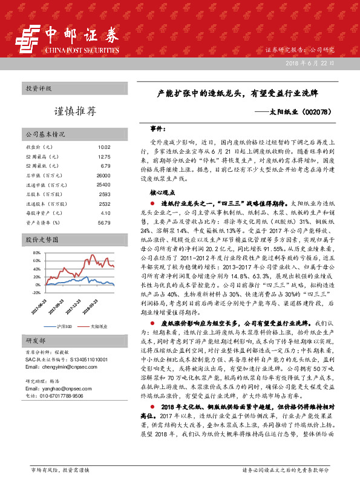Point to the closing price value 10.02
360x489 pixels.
(104, 147)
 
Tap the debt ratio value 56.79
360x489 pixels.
(104, 222)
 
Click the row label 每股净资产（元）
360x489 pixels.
(44, 212)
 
